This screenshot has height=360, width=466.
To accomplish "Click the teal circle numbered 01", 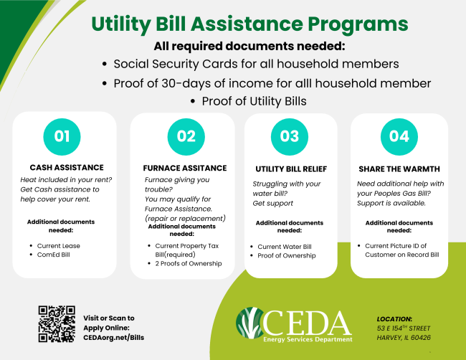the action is pyautogui.click(x=62, y=137).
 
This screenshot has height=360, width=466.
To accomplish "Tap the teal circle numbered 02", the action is pyautogui.click(x=186, y=137).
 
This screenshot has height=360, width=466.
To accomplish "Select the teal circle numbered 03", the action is pyautogui.click(x=290, y=137).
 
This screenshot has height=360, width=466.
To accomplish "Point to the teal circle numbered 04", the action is pyautogui.click(x=399, y=137).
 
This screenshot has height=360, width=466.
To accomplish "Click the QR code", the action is pyautogui.click(x=57, y=323).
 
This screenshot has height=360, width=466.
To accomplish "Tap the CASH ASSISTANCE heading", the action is pyautogui.click(x=67, y=168).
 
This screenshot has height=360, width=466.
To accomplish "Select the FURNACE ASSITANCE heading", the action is pyautogui.click(x=185, y=169).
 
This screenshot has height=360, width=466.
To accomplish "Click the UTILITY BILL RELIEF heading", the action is pyautogui.click(x=291, y=169).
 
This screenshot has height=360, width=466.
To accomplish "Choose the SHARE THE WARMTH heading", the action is pyautogui.click(x=399, y=169).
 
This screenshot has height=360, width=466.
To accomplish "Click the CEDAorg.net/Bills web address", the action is pyautogui.click(x=113, y=338).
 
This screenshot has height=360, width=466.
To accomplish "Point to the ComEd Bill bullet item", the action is pyautogui.click(x=54, y=255).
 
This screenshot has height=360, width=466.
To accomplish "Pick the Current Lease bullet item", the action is pyautogui.click(x=59, y=246).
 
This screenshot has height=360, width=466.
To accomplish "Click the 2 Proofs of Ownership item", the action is pyautogui.click(x=189, y=264).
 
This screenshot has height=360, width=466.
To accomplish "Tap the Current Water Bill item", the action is pyautogui.click(x=285, y=247).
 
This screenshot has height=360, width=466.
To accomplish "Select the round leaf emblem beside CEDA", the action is pyautogui.click(x=249, y=323).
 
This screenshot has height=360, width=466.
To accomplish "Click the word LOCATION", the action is pyautogui.click(x=394, y=319).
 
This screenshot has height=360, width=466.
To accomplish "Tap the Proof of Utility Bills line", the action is pyautogui.click(x=254, y=101).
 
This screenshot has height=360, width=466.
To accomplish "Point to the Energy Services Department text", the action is pyautogui.click(x=308, y=339).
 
